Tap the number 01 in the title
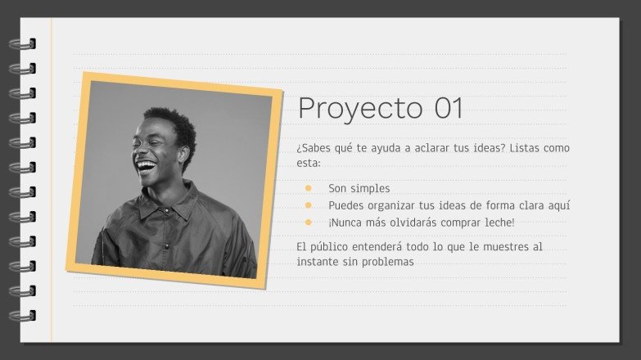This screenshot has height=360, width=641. click(x=449, y=108)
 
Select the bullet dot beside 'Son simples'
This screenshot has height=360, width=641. click(x=309, y=188)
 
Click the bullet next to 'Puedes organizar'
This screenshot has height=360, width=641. click(x=309, y=205)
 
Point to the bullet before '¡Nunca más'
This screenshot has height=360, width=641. click(x=309, y=222)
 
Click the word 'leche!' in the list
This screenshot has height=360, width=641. click(x=498, y=223)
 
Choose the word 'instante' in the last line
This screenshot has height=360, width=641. click(x=318, y=262)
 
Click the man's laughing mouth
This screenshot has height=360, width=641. click(x=146, y=167)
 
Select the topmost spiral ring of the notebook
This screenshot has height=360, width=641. click(x=22, y=44)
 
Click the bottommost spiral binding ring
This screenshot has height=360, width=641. click(x=22, y=315)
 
